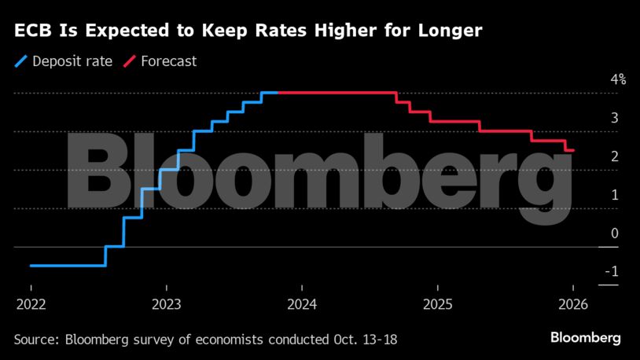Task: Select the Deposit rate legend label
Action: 72,61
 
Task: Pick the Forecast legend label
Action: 168,61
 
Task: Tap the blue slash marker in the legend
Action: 21,61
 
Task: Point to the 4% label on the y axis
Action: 617,79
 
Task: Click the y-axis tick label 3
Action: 615,118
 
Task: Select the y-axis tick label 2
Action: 615,156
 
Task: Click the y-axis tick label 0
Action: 615,233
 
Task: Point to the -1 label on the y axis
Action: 612,272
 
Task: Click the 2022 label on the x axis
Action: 31,304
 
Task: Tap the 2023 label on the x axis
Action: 166,304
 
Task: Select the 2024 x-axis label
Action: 302,304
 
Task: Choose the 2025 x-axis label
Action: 437,304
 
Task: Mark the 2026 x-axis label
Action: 572,304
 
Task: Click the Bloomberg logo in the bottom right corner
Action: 584,338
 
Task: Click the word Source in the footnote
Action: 36,340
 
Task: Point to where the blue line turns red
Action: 278,93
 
